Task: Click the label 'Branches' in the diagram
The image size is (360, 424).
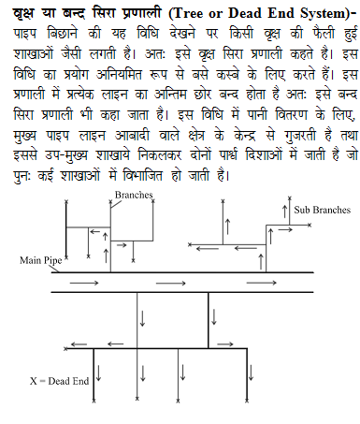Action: pos(134,195)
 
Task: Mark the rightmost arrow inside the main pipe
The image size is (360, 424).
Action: pos(300,282)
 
